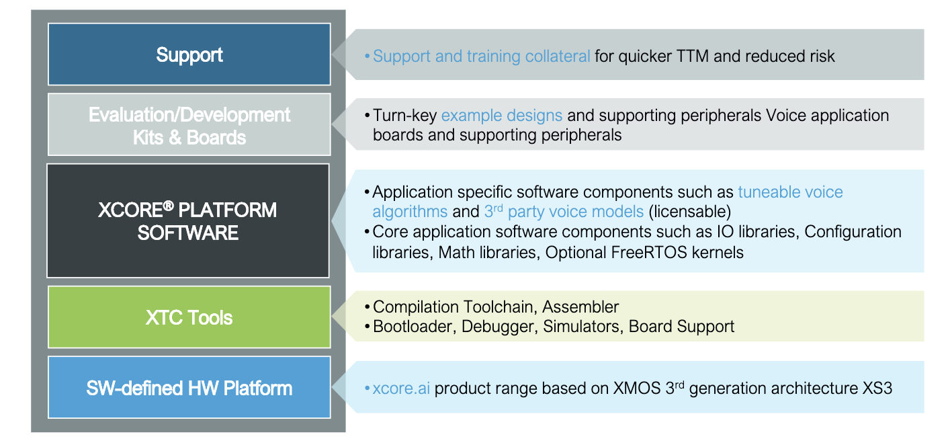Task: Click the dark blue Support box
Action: click(x=189, y=54)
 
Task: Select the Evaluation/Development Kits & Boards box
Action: click(x=189, y=126)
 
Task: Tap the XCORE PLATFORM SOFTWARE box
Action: click(x=187, y=220)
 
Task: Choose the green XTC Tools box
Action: click(x=189, y=317)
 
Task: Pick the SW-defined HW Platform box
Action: click(x=189, y=388)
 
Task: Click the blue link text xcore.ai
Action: click(x=401, y=389)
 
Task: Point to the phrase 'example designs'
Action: click(x=501, y=116)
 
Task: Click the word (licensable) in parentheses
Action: click(x=689, y=212)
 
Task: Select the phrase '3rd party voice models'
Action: click(x=564, y=212)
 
